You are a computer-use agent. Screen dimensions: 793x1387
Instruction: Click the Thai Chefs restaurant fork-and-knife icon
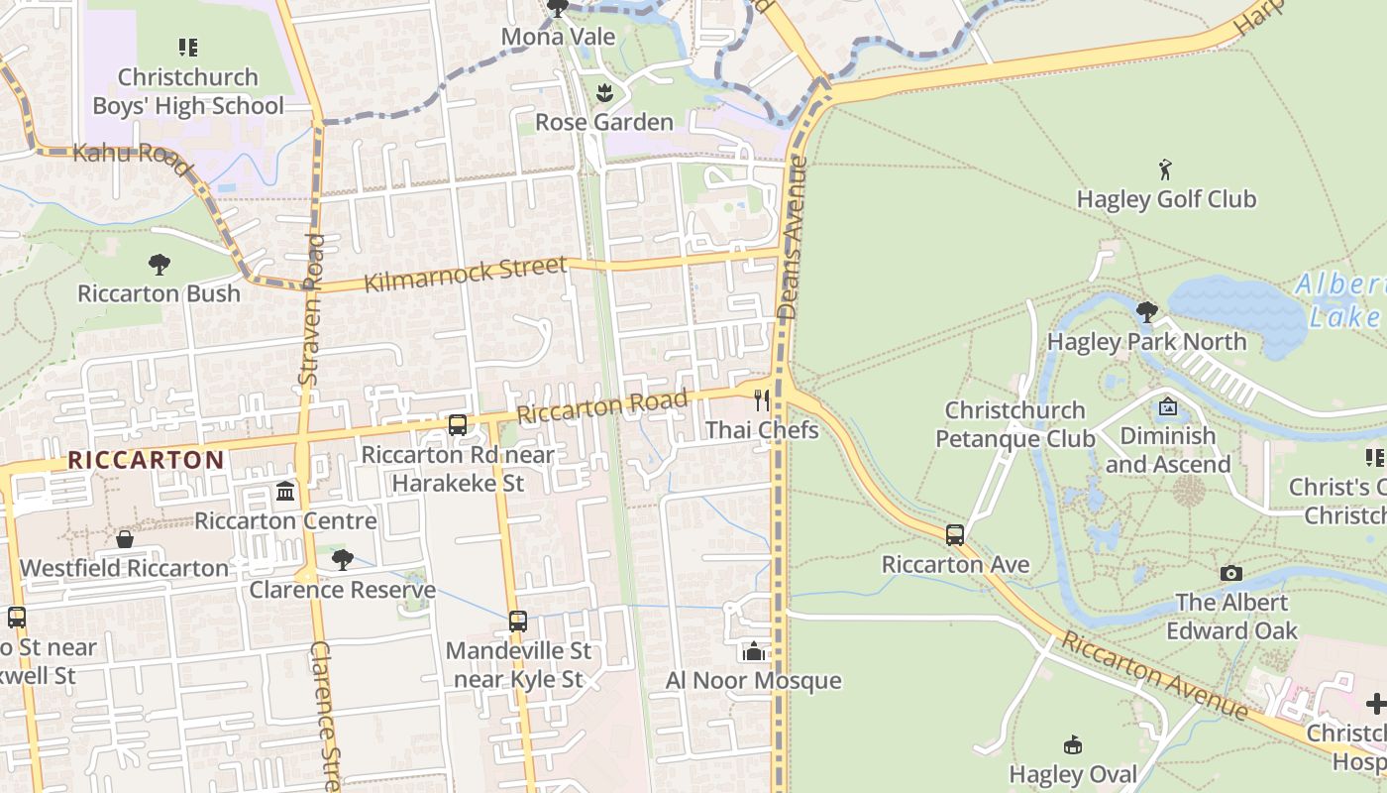[x=761, y=400]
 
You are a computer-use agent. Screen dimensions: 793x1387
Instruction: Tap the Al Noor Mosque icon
[x=754, y=651]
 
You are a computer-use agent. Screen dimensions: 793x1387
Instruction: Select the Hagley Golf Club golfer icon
[x=1166, y=170]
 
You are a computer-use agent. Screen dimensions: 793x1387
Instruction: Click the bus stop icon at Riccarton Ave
[x=955, y=535]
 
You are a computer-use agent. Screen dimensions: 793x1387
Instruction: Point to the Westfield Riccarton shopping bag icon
[x=125, y=539]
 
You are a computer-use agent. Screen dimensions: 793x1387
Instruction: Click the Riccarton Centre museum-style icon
[x=285, y=491]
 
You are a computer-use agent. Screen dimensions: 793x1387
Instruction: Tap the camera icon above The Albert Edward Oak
[x=1230, y=573]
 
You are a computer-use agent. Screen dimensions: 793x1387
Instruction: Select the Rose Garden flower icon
[x=603, y=93]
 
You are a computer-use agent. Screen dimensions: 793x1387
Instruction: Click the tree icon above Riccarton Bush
[x=159, y=264]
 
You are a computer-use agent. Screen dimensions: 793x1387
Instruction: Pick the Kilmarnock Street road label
[x=466, y=274]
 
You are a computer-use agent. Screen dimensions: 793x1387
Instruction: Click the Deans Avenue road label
[x=790, y=238]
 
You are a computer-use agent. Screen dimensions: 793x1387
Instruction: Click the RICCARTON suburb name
[x=147, y=460]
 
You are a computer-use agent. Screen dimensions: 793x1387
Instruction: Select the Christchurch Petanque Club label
[x=1014, y=424]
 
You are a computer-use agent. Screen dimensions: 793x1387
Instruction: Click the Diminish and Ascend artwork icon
[x=1167, y=406]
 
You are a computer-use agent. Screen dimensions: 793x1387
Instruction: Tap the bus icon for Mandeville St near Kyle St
[x=517, y=622]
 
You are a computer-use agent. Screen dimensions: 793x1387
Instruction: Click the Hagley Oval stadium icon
[x=1072, y=744]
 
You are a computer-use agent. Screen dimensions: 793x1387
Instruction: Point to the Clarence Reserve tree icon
[x=342, y=560]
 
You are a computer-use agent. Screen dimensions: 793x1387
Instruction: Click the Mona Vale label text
[x=558, y=38]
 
